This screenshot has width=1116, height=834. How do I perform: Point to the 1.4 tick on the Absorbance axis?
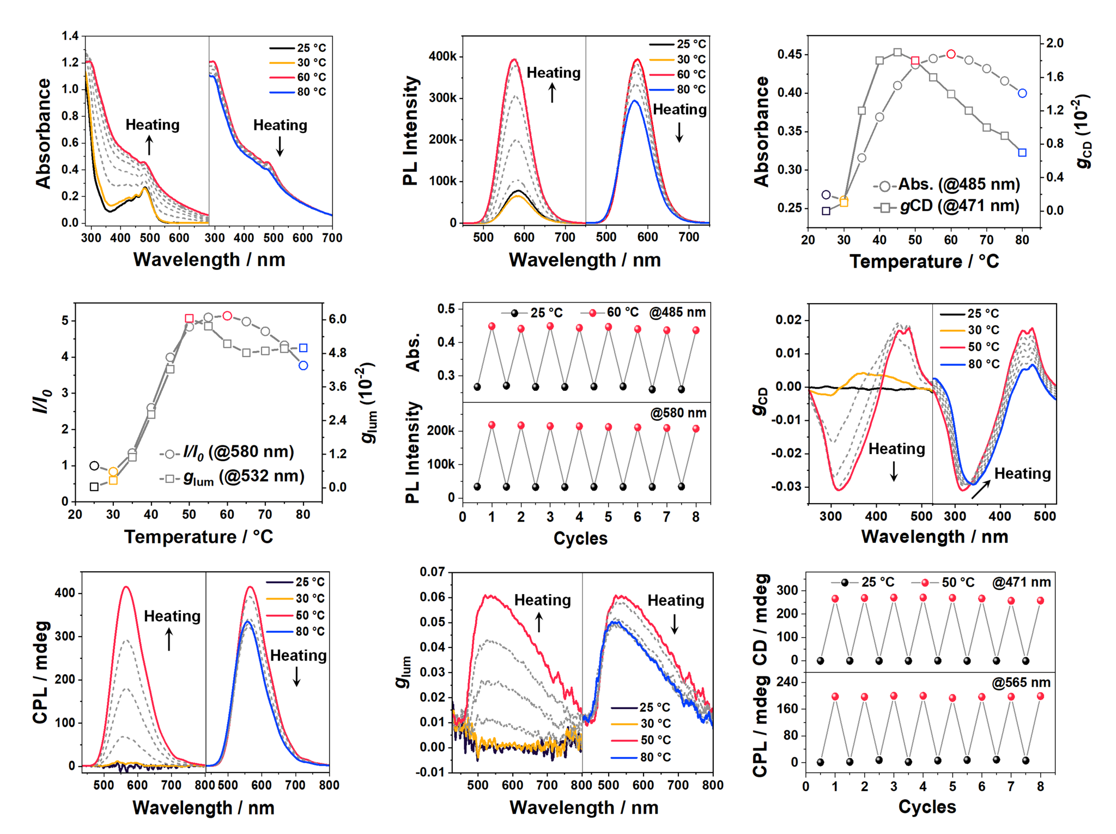click(x=70, y=37)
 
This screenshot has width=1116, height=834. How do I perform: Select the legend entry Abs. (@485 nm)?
click(x=959, y=185)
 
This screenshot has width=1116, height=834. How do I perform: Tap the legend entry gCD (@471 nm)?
click(x=959, y=206)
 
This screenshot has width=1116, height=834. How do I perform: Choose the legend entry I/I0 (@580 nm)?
click(x=238, y=452)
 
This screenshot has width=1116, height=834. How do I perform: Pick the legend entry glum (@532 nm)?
click(x=243, y=477)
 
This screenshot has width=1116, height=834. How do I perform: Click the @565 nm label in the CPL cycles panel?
click(x=1021, y=682)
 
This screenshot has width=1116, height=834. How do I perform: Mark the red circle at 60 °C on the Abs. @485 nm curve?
click(x=951, y=54)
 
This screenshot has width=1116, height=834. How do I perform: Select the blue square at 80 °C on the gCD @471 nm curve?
click(x=1022, y=153)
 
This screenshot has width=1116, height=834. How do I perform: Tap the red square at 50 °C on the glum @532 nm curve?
click(x=189, y=318)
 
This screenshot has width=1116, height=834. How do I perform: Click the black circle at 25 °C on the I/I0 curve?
click(x=94, y=466)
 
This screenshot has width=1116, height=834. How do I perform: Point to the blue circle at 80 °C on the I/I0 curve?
click(x=304, y=366)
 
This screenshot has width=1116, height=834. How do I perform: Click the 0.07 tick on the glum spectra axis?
click(x=432, y=572)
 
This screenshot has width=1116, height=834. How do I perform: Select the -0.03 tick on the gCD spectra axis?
click(x=786, y=486)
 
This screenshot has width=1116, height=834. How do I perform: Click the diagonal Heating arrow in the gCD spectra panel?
click(x=980, y=488)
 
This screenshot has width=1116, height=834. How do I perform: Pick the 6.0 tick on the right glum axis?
click(x=338, y=319)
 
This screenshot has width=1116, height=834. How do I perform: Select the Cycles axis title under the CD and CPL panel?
click(x=927, y=807)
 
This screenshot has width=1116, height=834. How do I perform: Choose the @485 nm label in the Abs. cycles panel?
click(x=677, y=312)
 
